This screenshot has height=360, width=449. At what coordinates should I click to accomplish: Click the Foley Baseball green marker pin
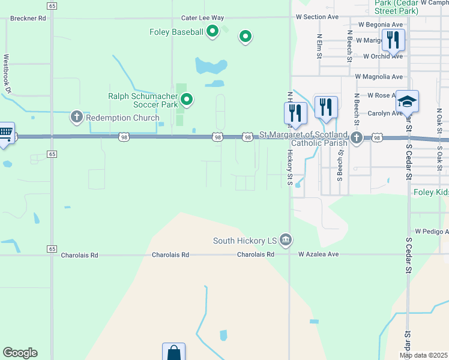coord(212,31)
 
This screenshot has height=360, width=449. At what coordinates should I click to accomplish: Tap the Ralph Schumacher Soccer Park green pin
coord(187,100)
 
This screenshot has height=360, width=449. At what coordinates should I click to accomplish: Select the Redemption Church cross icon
coord(76,118)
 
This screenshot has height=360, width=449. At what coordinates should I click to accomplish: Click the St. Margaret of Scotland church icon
coord(357,138)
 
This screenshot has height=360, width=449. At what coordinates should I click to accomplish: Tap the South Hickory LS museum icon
coord(286,241)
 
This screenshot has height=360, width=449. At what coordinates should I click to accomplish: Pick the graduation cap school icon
coord(407,101)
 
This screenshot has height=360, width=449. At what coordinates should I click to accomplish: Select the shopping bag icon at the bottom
coord(173,353)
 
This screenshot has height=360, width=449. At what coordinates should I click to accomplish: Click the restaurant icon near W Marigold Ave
coord(393,40)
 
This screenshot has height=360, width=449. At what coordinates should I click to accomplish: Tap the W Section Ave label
coord(318,17)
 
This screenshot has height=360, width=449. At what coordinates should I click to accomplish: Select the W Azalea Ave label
coord(319,254)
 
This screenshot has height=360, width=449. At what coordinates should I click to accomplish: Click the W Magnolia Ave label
coord(379,77)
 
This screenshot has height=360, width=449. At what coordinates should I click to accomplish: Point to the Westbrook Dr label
coord(7,74)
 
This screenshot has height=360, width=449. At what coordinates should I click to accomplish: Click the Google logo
coord(20,353)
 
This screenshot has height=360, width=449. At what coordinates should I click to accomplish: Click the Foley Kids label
coord(431,193)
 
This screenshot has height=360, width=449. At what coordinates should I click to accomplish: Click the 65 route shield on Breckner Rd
coord(52,5)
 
